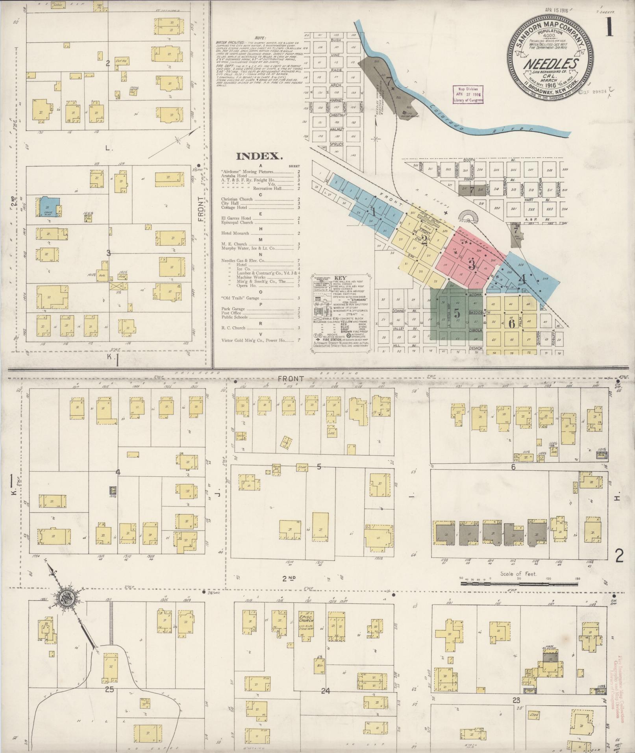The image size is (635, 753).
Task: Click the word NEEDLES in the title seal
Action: click(550, 64)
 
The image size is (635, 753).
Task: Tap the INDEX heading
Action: click(259, 156)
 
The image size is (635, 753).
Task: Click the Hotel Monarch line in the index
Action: click(235, 233)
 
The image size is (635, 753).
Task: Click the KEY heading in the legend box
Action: click(340, 277)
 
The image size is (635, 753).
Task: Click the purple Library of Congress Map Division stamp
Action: click(467, 94)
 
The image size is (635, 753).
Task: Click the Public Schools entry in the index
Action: click(234, 317)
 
